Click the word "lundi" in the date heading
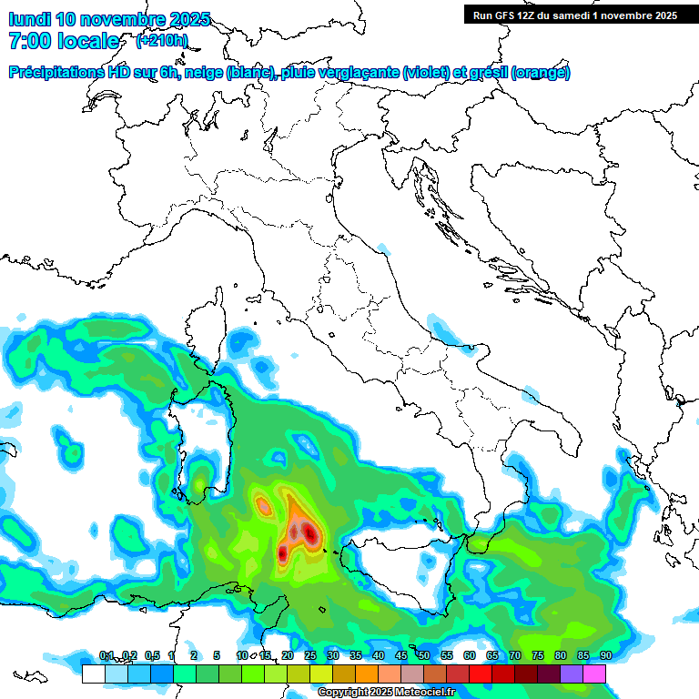(29, 19)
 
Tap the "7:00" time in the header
(30, 41)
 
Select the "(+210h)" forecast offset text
(161, 40)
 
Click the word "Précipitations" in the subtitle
(57, 73)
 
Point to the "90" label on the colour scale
(605, 655)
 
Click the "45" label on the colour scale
(400, 655)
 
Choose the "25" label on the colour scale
(309, 655)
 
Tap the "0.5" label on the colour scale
(151, 655)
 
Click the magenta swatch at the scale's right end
(594, 674)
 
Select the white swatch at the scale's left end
(93, 674)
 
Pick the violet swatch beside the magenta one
(572, 674)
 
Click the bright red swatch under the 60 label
(481, 674)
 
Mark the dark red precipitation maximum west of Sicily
(310, 532)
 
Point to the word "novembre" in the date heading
(125, 19)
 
